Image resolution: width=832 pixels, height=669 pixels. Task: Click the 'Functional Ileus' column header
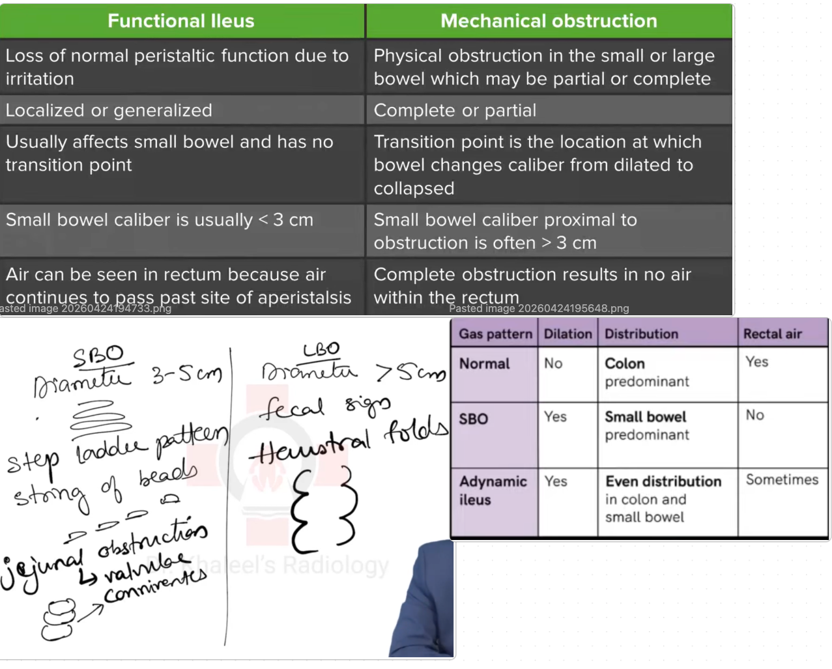181,21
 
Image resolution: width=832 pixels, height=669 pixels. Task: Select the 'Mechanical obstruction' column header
549,21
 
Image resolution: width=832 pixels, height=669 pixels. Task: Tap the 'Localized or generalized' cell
109,110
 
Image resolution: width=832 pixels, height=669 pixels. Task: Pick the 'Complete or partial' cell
455,110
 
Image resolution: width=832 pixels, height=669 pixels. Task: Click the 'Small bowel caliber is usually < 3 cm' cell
160,220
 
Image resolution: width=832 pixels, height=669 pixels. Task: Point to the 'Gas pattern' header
495,334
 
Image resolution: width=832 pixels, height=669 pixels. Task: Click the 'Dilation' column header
567,334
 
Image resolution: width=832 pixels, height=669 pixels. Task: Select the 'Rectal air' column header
772,334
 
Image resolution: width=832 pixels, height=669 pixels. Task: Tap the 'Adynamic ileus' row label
493,491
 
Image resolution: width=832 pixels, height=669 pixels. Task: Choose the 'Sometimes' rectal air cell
782,479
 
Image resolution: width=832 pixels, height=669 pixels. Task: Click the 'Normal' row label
484,363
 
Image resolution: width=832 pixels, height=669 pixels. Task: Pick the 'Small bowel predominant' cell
646,425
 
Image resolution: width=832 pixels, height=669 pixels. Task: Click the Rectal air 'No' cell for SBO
754,415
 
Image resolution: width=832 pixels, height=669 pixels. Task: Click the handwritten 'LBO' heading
321,350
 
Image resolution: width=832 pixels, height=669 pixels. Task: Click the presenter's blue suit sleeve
423,606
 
